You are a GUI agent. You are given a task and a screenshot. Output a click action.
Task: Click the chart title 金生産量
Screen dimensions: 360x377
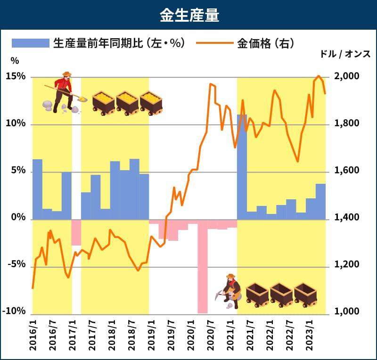pyautogui.click(x=188, y=15)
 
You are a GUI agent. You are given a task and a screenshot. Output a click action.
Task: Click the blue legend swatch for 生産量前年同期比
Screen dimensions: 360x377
pyautogui.click(x=31, y=43)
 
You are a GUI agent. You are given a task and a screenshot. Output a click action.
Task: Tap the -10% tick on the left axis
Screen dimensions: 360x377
pyautogui.click(x=16, y=311)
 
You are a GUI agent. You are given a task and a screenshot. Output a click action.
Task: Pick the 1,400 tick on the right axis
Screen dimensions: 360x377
pyautogui.click(x=346, y=218)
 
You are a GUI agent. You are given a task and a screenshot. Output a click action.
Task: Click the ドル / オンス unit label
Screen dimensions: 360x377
pyautogui.click(x=345, y=54)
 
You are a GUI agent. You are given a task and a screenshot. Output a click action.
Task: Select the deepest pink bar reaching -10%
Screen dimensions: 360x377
pyautogui.click(x=203, y=266)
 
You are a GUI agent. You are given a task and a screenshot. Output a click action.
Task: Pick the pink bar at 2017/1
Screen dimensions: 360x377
pyautogui.click(x=76, y=232)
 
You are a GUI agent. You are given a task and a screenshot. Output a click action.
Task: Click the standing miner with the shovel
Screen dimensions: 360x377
pyautogui.click(x=63, y=92)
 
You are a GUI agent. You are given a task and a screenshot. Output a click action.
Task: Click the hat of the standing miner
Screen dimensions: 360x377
pyautogui.click(x=67, y=74)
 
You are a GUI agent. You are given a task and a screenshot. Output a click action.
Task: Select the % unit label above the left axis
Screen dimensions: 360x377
pyautogui.click(x=15, y=61)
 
